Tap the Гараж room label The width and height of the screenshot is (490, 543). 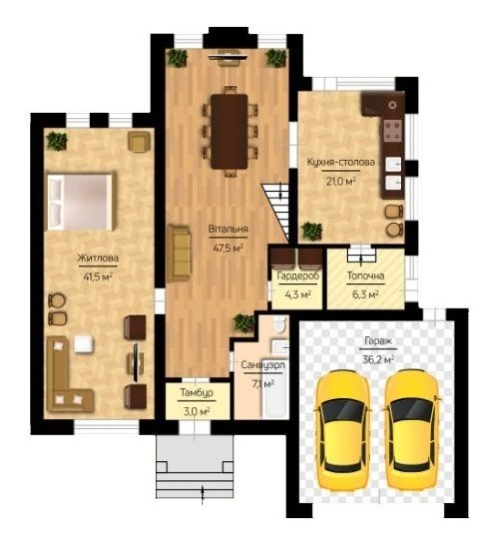pyautogui.click(x=378, y=341)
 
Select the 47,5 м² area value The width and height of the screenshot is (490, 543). pyautogui.click(x=228, y=248)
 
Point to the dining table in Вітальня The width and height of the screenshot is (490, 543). pyautogui.click(x=230, y=131)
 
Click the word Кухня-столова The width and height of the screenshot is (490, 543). pyautogui.click(x=341, y=162)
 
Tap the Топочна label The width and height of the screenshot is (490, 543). pyautogui.click(x=366, y=276)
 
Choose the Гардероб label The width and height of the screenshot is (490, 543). pyautogui.click(x=298, y=276)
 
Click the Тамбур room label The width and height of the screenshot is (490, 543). pyautogui.click(x=196, y=393)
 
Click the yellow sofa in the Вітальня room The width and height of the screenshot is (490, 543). pyautogui.click(x=179, y=253)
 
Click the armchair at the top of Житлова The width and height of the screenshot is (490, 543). pyautogui.click(x=139, y=141)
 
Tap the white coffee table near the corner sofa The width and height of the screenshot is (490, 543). pyautogui.click(x=84, y=344)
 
